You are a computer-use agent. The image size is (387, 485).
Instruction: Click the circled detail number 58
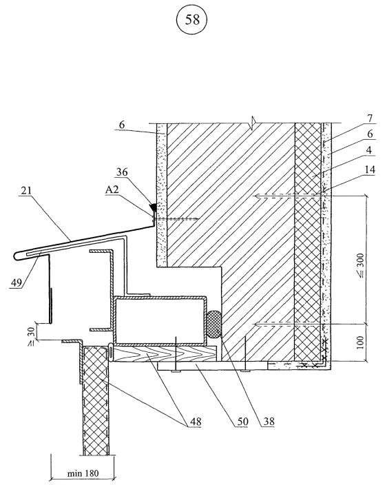[x=191, y=20]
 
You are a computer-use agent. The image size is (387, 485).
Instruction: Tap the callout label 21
[x=26, y=190]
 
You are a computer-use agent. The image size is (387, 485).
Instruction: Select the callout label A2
[x=112, y=189]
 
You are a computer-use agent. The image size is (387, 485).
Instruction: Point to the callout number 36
[x=122, y=172]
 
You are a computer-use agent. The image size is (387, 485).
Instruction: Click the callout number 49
[x=17, y=282]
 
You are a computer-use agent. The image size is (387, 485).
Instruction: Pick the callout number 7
[x=370, y=118]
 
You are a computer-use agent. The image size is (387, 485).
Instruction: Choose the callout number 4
[x=368, y=151]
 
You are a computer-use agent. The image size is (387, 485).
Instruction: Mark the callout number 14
[x=369, y=169]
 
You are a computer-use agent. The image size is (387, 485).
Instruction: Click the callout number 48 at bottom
[x=195, y=422]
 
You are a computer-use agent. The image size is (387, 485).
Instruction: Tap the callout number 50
[x=242, y=422]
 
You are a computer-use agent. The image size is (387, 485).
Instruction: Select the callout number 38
[x=269, y=422]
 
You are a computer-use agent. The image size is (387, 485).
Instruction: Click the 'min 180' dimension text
[x=83, y=473]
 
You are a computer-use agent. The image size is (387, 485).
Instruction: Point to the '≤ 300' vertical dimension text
[x=361, y=265]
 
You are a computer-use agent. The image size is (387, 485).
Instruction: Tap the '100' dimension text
[x=360, y=342]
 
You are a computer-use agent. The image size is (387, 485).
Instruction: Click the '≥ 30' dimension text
[x=32, y=336]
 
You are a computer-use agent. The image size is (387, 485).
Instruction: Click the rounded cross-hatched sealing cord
[x=213, y=324]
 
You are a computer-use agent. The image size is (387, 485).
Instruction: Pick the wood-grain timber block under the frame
[x=165, y=353]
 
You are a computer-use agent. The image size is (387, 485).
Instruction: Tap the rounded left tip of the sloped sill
[x=15, y=256]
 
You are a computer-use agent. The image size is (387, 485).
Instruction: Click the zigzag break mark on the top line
[x=253, y=120]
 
